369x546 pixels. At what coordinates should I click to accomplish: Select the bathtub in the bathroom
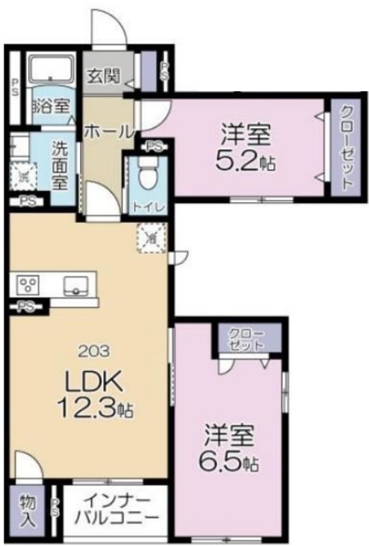click(x=51, y=68)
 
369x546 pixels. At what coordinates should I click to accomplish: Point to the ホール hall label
click(x=109, y=131)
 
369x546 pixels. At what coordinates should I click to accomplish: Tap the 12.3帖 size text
click(x=94, y=407)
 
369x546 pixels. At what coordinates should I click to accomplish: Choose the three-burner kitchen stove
click(x=28, y=284)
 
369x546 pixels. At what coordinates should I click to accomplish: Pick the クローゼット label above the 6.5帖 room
click(x=247, y=338)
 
